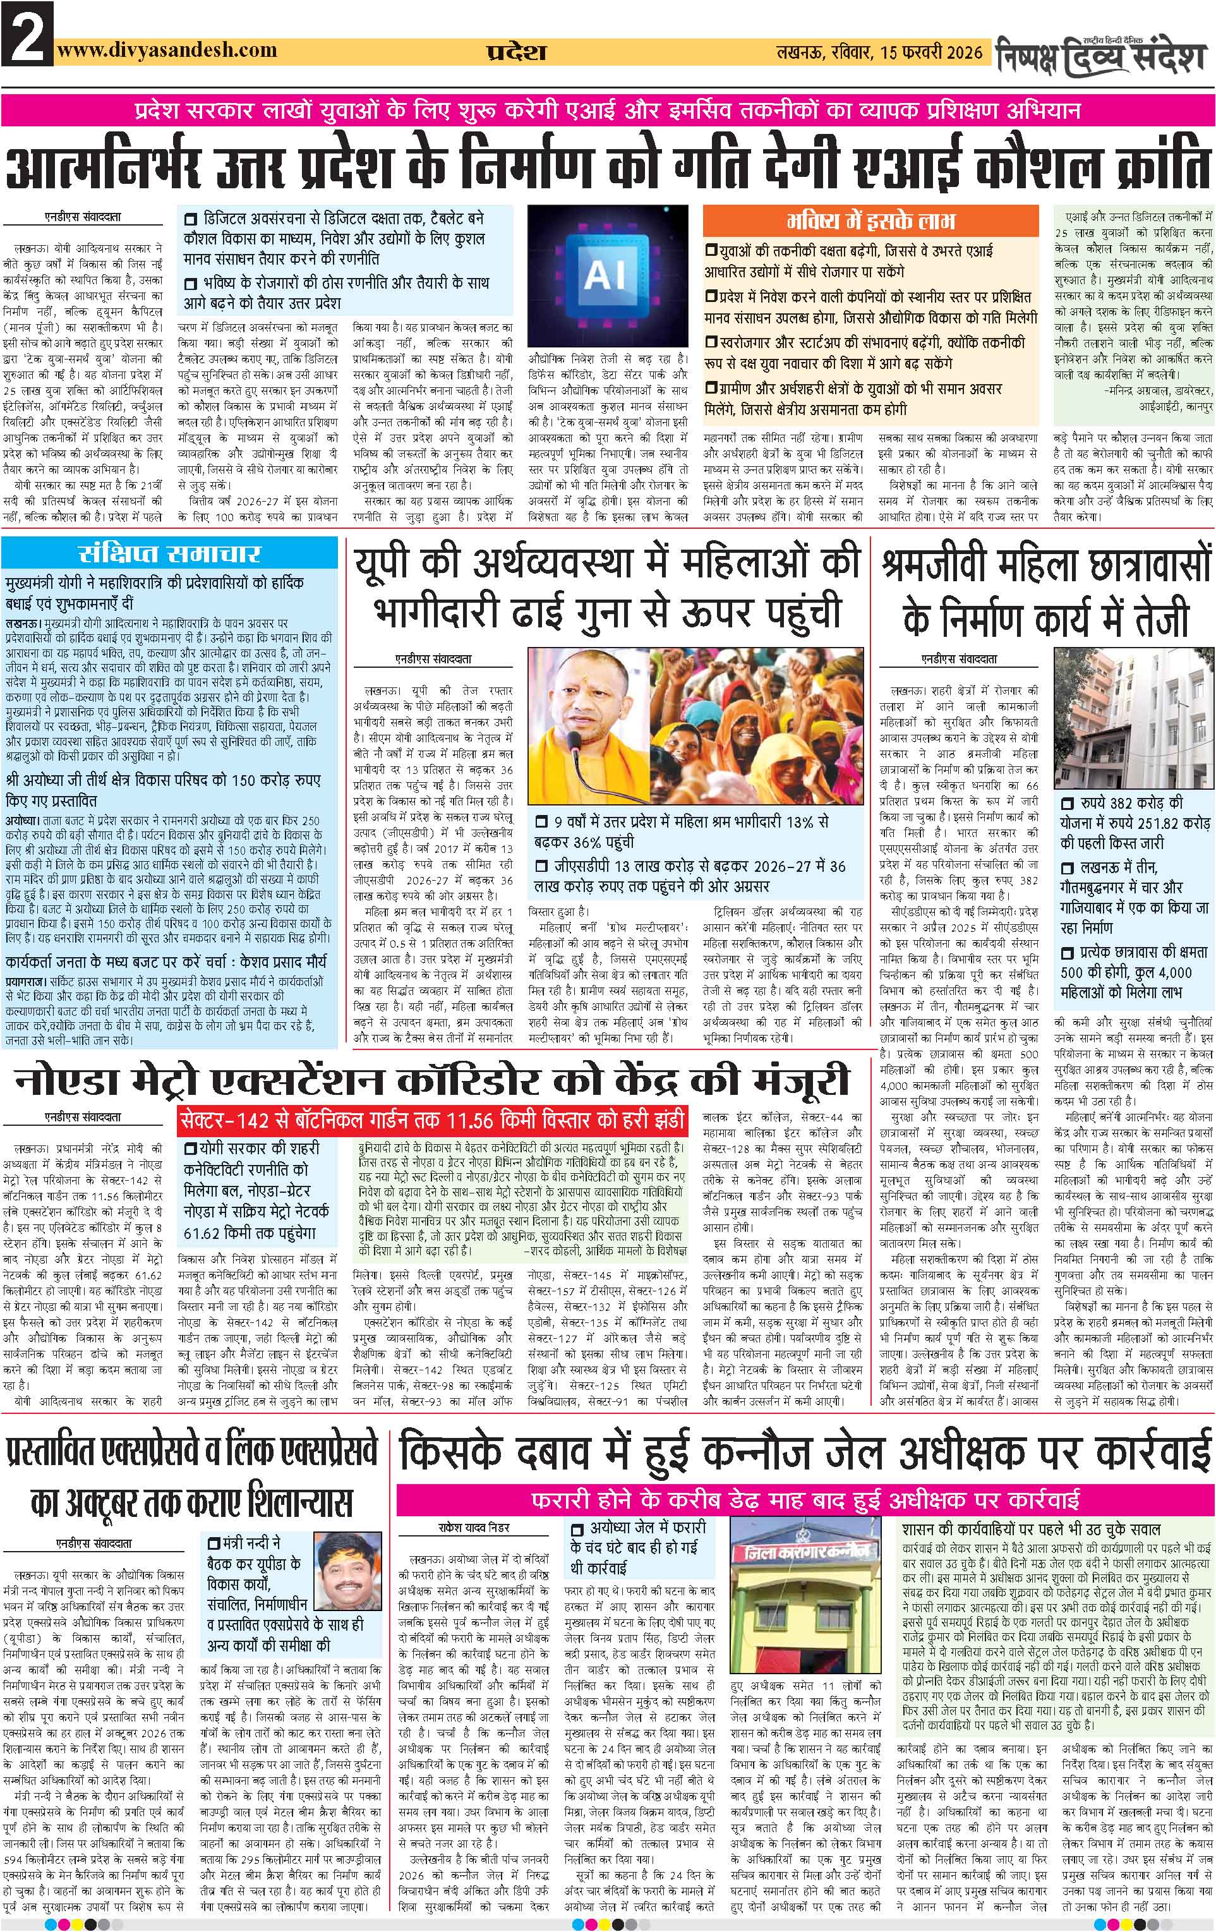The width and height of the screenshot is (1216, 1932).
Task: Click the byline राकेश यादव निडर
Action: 474,1527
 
